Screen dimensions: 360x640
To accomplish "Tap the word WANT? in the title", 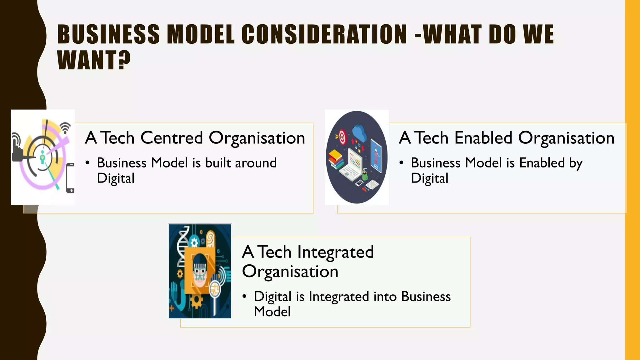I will tap(94, 60).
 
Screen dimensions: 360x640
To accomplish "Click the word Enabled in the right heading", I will tap(483, 138).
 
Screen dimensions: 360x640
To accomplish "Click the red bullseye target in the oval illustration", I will tap(342, 137).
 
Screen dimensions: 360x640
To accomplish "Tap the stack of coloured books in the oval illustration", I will tap(336, 159).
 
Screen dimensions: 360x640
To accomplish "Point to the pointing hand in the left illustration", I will tap(17, 150).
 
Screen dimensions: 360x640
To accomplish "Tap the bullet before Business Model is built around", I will tap(88, 163).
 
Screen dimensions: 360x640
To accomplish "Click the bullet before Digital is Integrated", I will tap(244, 296).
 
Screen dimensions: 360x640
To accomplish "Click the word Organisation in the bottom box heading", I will tap(290, 272).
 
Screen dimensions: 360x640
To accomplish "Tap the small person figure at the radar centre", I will tap(43, 156).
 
